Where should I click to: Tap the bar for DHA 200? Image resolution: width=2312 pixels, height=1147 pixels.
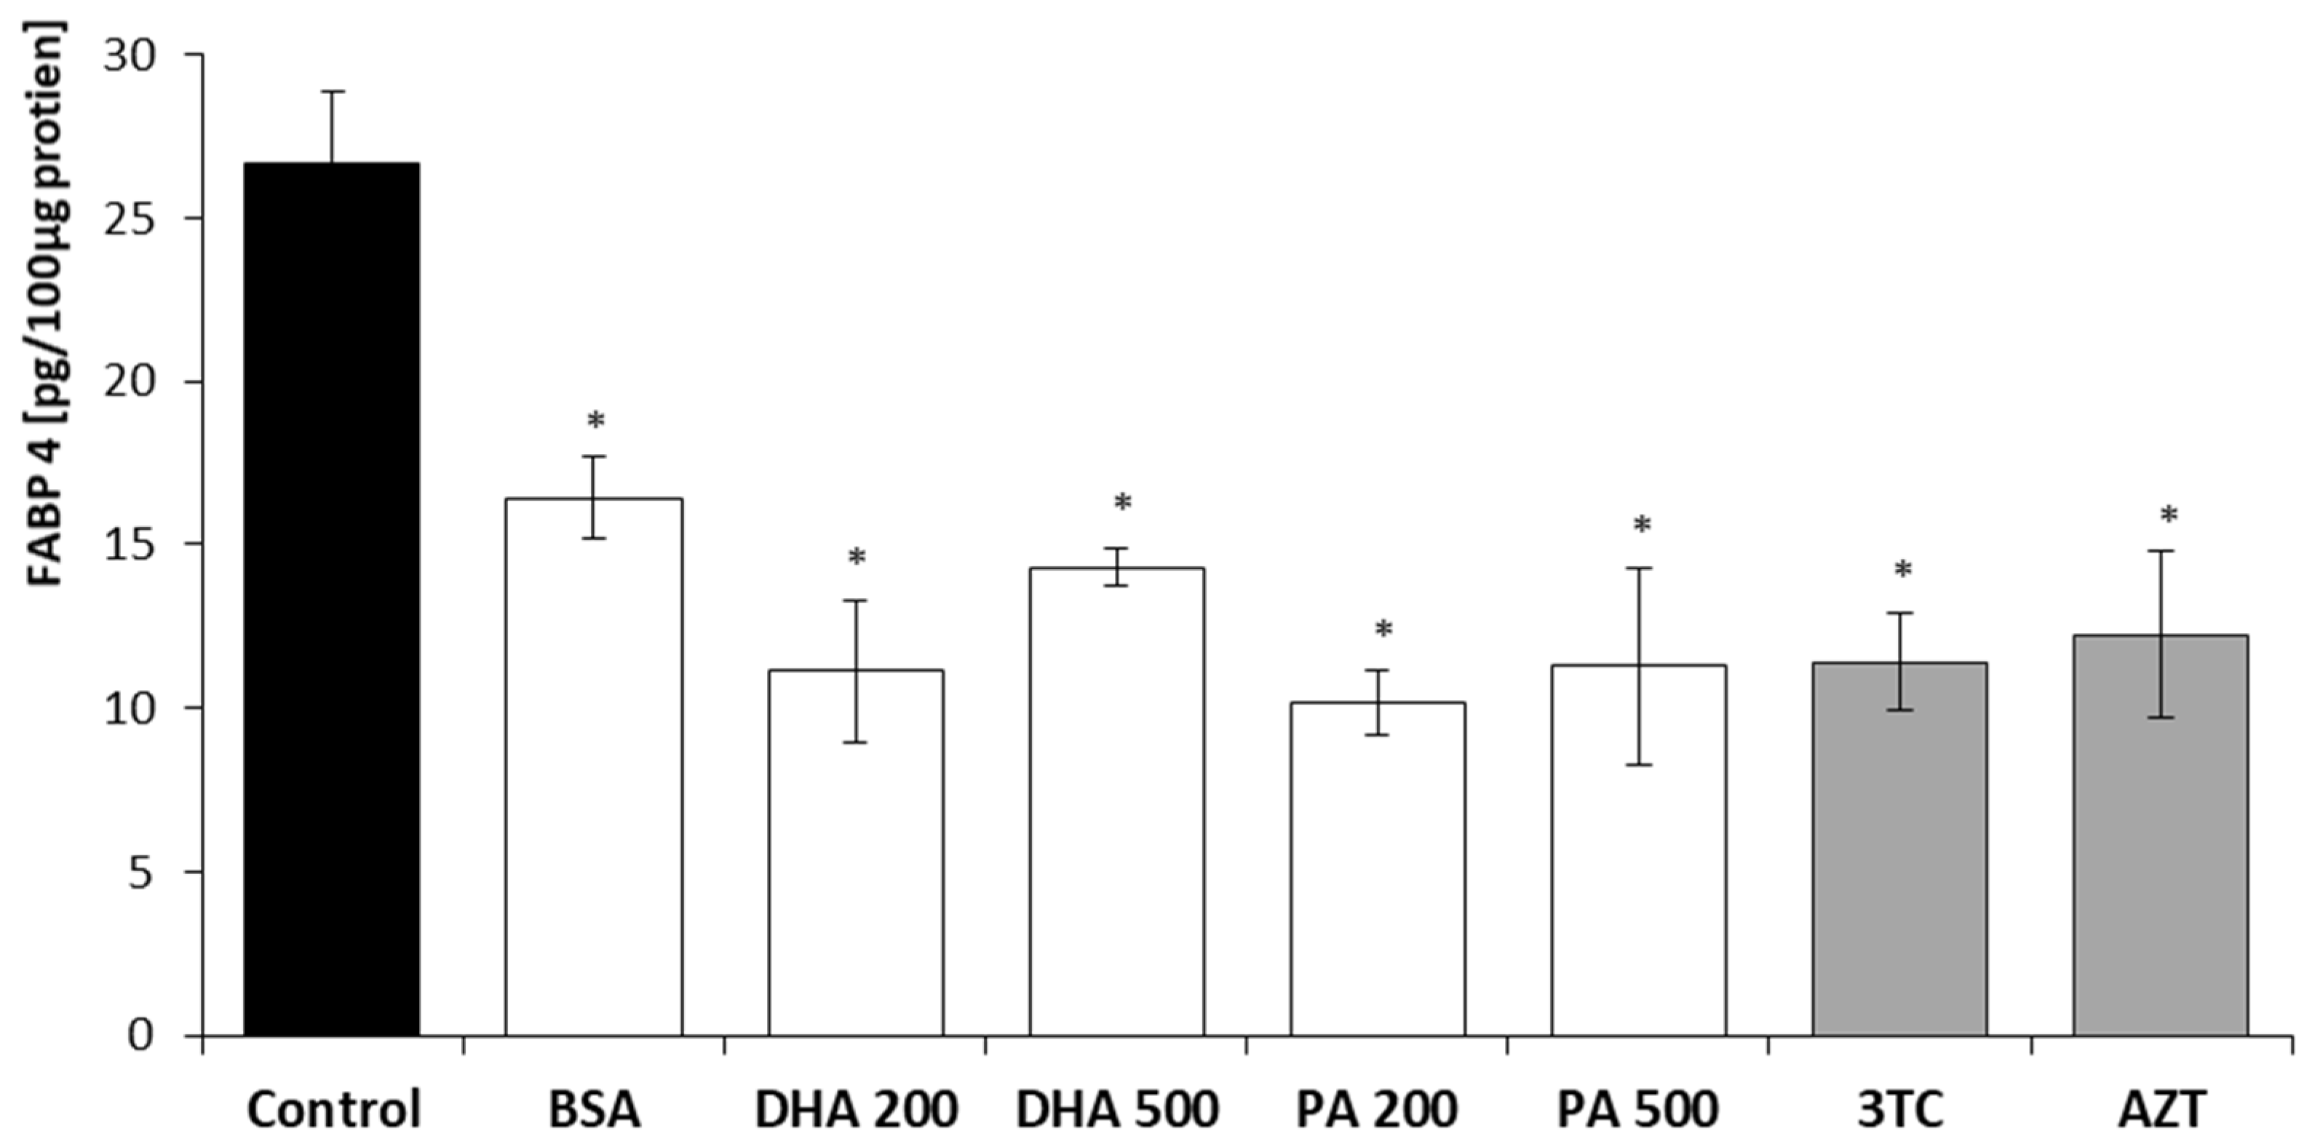pos(855,853)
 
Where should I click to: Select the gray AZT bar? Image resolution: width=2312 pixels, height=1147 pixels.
pos(2161,836)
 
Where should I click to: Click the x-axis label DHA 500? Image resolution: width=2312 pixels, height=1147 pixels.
pos(1116,1110)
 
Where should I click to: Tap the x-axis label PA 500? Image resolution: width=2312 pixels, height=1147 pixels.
pos(1638,1110)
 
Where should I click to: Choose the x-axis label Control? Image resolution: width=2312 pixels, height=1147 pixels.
pos(333,1110)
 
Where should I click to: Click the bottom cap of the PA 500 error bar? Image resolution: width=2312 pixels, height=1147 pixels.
pos(1639,765)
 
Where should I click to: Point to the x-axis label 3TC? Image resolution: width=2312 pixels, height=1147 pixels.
pos(1899,1110)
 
